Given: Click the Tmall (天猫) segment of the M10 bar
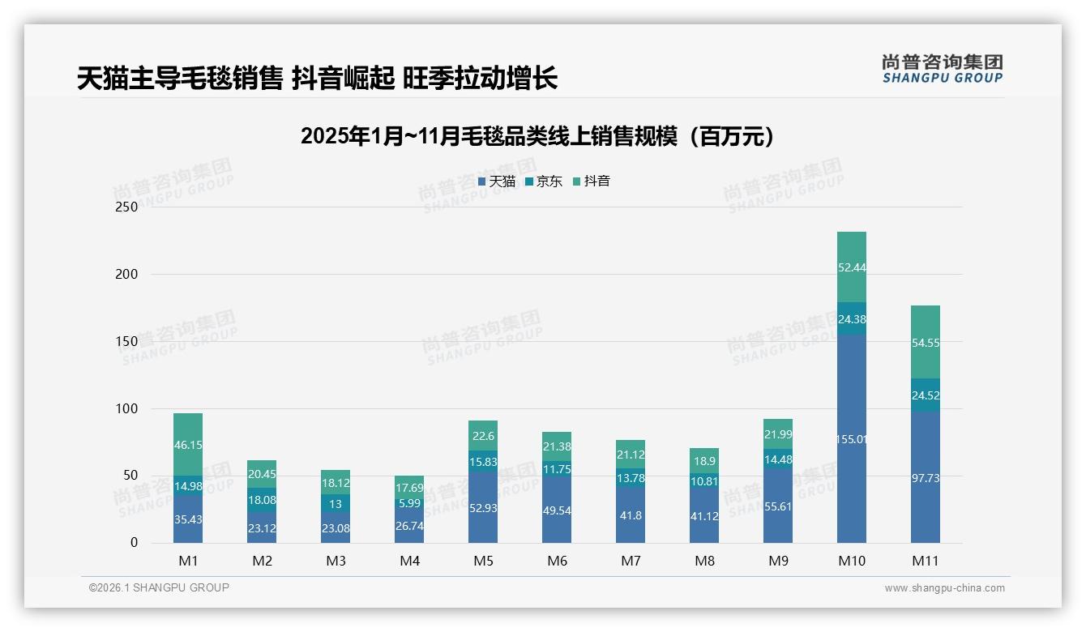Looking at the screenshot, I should (x=851, y=438).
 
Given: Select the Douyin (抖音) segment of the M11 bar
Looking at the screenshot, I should (x=925, y=342).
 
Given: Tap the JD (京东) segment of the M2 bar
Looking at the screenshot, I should (x=262, y=500).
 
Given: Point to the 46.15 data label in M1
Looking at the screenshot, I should (x=188, y=445).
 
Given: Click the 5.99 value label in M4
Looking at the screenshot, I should (x=409, y=503).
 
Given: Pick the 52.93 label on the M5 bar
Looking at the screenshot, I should (x=483, y=508).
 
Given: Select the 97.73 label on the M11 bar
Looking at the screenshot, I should (x=925, y=479).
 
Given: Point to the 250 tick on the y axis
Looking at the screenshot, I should (x=127, y=207).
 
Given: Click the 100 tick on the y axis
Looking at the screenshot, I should (x=127, y=408).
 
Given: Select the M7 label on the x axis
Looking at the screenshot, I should (x=631, y=561).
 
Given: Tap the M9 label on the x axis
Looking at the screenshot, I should (x=778, y=561).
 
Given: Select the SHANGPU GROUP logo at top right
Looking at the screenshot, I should (x=942, y=69).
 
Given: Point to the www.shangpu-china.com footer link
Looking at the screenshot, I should (x=944, y=588).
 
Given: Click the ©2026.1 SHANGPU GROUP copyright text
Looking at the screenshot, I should (x=159, y=587).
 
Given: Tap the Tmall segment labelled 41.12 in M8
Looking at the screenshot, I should (x=704, y=516).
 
